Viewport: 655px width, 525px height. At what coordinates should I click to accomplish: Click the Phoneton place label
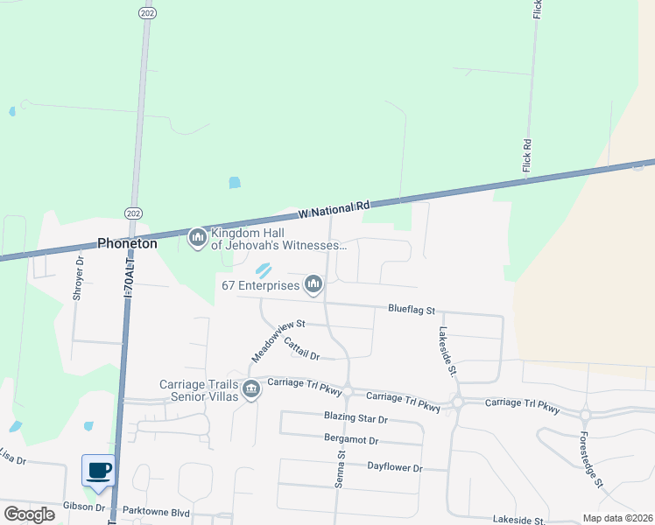pos(127,244)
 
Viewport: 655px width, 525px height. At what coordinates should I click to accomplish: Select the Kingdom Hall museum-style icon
pos(197,237)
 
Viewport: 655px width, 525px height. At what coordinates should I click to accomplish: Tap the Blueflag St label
pos(412,310)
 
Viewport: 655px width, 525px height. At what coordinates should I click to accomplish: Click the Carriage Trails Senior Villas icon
pos(251,388)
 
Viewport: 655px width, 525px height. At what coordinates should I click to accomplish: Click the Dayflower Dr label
pos(394,468)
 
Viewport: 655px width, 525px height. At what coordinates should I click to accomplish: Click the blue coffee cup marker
pos(97,470)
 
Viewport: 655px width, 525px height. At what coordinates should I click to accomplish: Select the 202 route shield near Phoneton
pos(132,213)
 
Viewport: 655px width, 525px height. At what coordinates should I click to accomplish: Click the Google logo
pos(29,514)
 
